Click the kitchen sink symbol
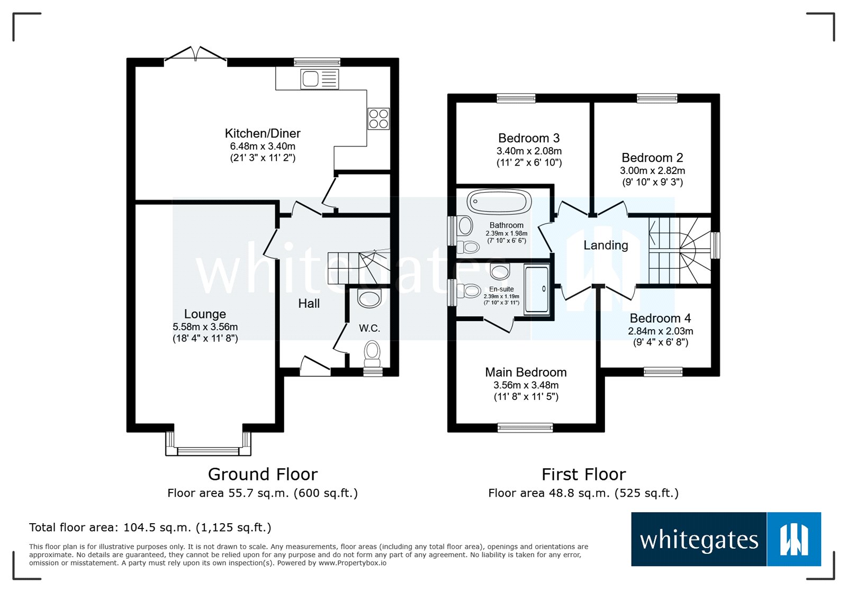point(319,79)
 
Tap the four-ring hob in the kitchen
point(379,119)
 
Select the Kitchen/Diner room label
point(263,133)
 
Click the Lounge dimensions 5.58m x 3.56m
point(205,327)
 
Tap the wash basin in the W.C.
point(370,298)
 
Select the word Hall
point(309,304)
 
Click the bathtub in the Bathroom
point(499,202)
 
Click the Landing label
point(606,245)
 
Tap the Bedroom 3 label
point(529,138)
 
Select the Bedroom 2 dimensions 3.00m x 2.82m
point(652,171)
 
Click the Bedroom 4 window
point(663,372)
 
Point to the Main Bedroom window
point(525,427)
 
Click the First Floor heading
point(583,475)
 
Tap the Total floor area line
point(150,527)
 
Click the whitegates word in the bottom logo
point(699,540)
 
